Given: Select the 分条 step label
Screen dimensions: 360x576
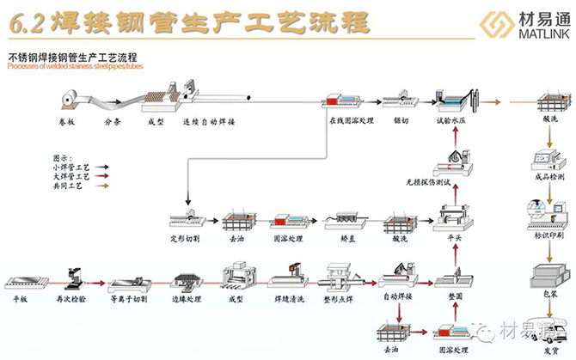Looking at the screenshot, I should click(113, 122).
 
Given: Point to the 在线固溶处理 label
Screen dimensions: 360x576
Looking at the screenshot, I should click(351, 122).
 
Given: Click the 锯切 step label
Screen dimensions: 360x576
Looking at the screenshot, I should click(402, 122).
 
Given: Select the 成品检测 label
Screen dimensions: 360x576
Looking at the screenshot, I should click(548, 177).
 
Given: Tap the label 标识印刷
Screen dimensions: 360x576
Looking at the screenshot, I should click(548, 233).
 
